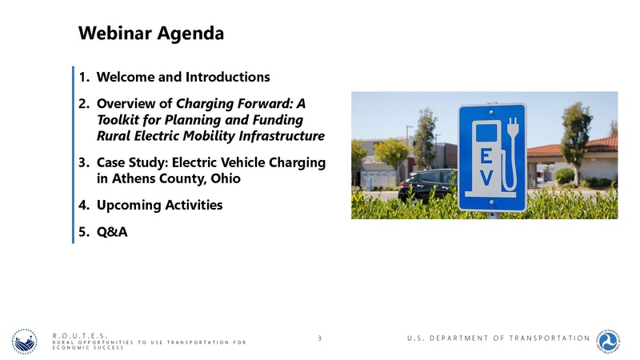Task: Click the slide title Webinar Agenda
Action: click(150, 34)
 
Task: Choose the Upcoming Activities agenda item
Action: click(159, 205)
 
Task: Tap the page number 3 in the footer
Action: click(319, 338)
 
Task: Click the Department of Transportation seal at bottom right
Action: click(614, 340)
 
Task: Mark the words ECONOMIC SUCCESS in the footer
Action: click(87, 349)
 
